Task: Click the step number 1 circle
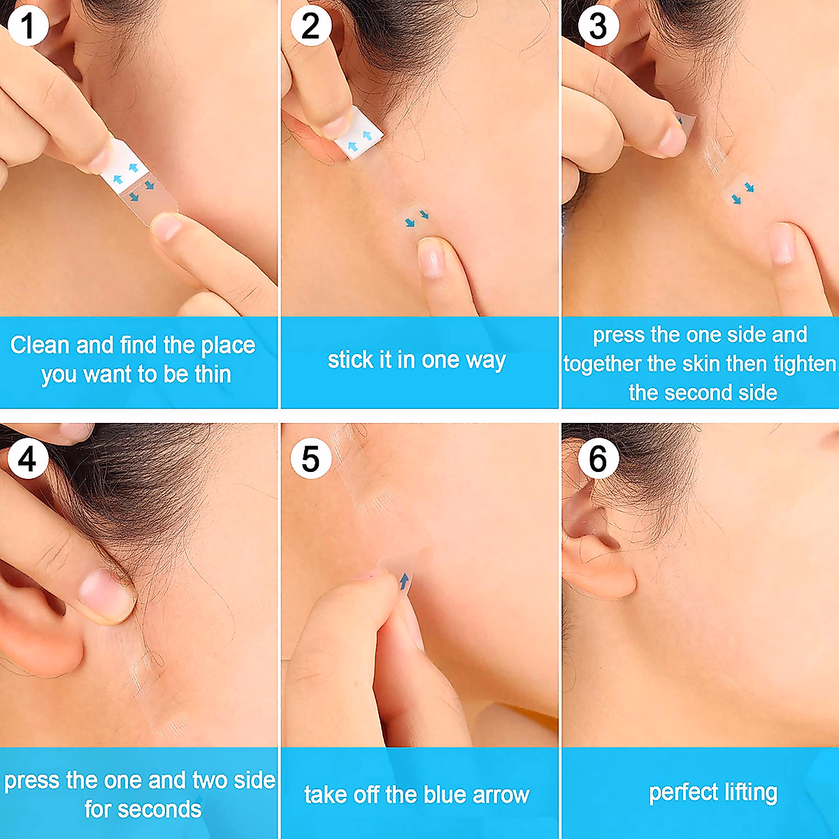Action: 28,27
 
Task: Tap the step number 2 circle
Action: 310,27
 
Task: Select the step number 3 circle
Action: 598,27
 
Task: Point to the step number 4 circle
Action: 28,459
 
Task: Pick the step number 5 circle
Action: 310,459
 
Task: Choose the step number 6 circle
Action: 598,459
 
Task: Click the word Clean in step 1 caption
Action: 40,345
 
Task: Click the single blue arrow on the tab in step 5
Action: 403,581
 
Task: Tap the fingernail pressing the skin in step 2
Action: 431,257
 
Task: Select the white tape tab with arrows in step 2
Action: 357,139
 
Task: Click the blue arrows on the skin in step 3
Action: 742,193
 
